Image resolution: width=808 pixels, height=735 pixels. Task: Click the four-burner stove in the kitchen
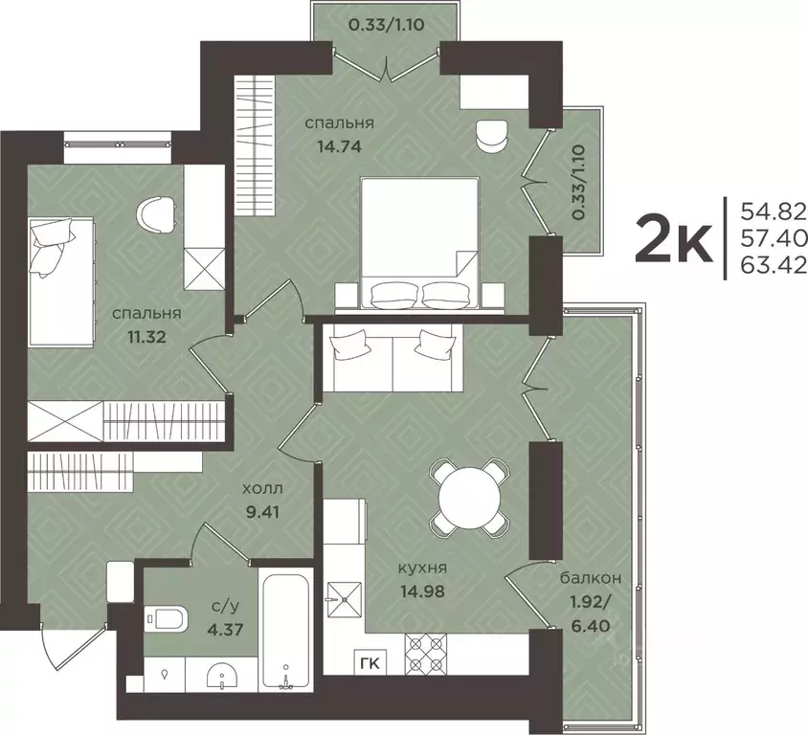click(x=426, y=653)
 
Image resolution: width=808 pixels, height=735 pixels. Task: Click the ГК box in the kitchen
click(x=370, y=663)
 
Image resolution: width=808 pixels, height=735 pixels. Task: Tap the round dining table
click(x=469, y=497)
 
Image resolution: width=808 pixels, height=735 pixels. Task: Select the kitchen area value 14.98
click(x=422, y=590)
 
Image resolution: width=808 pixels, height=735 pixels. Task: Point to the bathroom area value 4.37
click(x=226, y=629)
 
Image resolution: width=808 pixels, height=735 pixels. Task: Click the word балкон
click(x=591, y=578)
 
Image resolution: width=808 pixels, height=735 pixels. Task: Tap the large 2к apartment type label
click(x=673, y=238)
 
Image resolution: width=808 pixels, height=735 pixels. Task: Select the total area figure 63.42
click(x=774, y=264)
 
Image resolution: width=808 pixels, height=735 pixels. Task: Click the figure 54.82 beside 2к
click(x=774, y=211)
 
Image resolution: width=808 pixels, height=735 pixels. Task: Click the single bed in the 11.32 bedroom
click(x=62, y=281)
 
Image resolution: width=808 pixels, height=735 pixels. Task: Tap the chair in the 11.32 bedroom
click(x=157, y=212)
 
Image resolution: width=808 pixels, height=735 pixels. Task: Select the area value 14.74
click(x=339, y=146)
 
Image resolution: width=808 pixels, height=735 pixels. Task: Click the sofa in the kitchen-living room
click(x=393, y=359)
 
